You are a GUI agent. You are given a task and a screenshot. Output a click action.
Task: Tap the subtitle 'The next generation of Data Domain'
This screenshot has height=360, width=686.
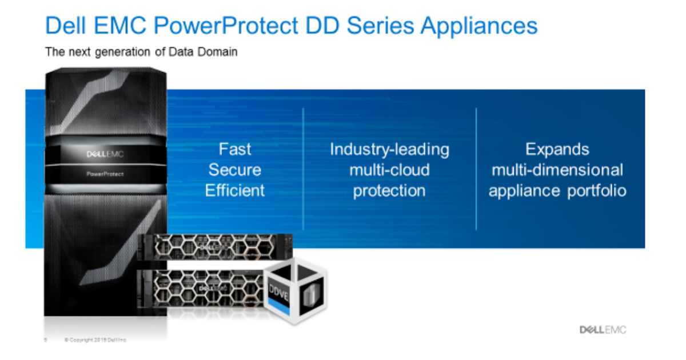click(141, 52)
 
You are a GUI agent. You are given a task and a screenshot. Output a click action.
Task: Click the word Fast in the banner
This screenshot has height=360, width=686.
click(235, 149)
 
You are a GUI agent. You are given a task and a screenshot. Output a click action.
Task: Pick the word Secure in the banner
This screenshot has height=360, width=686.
click(235, 170)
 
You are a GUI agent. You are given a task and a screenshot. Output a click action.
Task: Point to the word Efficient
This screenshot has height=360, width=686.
click(235, 190)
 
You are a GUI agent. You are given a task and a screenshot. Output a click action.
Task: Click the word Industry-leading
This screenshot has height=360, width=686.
click(389, 149)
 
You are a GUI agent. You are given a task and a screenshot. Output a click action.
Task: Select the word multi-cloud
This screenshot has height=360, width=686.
click(389, 170)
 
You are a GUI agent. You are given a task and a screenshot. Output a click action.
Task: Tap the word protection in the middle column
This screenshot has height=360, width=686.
click(389, 190)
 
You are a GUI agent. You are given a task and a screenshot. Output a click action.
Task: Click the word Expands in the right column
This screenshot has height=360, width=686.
click(557, 149)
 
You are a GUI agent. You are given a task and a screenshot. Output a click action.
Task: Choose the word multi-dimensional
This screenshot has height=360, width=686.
click(557, 170)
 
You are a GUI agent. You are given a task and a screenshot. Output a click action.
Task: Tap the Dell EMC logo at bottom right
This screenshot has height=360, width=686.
click(603, 330)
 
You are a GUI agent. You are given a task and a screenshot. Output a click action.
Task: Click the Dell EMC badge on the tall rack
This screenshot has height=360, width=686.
click(105, 154)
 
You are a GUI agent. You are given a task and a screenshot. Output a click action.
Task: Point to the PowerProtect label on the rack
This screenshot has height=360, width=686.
click(105, 174)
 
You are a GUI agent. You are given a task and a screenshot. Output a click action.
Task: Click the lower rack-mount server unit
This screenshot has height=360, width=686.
click(200, 286)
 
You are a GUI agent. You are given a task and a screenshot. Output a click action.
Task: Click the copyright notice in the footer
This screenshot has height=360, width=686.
click(95, 340)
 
